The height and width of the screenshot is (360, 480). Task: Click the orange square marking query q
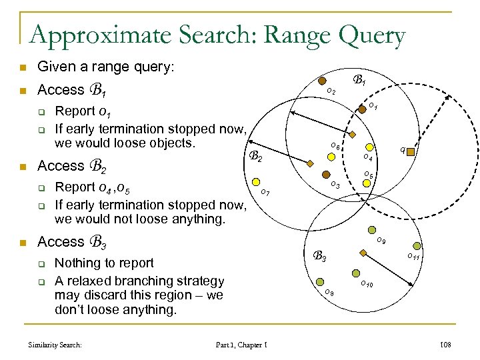[x=411, y=152]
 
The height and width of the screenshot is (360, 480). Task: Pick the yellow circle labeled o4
[x=367, y=147]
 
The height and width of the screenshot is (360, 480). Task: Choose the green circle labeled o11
[x=417, y=246]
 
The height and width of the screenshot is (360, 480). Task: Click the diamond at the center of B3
[x=363, y=253]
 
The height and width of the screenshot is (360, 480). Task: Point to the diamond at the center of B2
[x=309, y=163]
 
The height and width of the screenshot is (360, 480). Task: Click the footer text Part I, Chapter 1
[x=242, y=344]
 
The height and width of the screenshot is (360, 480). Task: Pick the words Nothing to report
[x=104, y=263]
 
